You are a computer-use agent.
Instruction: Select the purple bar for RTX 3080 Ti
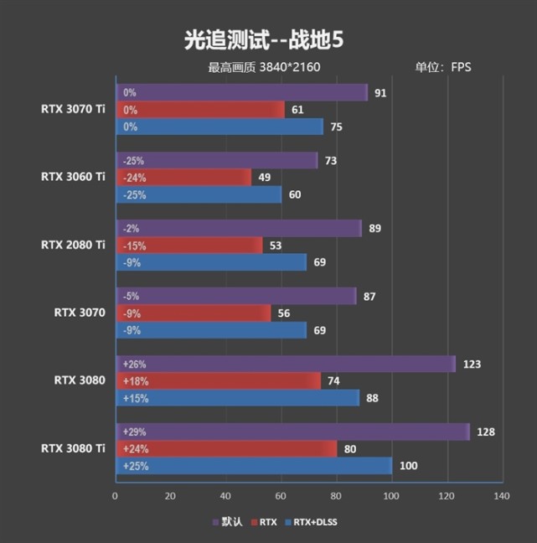pos(293,432)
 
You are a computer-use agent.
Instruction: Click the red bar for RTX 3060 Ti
pos(184,177)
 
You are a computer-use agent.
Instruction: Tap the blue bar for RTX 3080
pos(238,398)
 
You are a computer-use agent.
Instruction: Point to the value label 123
pos(473,364)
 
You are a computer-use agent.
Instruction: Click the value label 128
pos(487,432)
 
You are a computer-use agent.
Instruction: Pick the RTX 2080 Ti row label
pos(73,245)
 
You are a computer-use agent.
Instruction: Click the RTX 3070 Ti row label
pos(73,108)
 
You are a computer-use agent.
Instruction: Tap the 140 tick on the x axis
pos(501,496)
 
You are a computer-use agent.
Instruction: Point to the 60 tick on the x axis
pos(281,496)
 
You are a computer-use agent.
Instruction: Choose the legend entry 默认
pos(232,522)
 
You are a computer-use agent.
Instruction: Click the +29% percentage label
pos(135,432)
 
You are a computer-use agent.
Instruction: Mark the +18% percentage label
pos(135,381)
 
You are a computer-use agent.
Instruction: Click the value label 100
pos(407,466)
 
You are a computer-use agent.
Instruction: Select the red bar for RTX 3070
pos(193,313)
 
